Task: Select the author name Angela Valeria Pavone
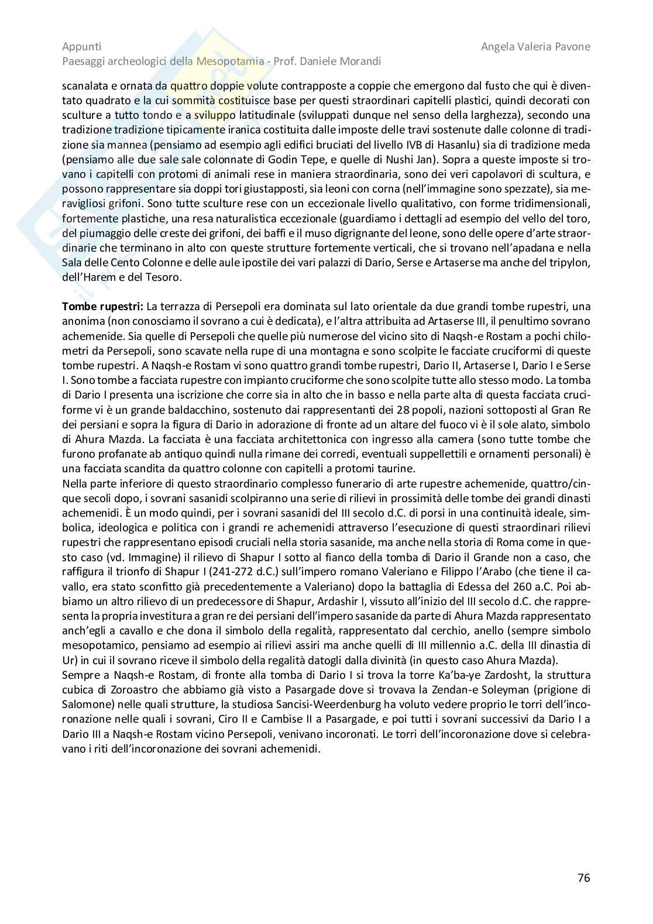[535, 46]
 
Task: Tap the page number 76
[583, 877]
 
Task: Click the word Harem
[100, 277]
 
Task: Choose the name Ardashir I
[335, 602]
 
